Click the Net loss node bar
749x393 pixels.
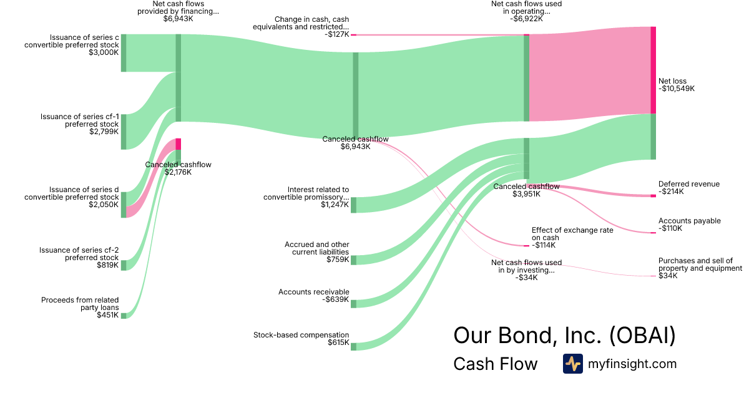click(654, 70)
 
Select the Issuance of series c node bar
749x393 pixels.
click(124, 53)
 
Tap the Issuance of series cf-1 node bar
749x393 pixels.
click(124, 132)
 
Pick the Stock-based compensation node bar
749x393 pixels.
click(353, 346)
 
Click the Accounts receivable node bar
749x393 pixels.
click(353, 304)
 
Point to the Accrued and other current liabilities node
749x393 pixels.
click(353, 260)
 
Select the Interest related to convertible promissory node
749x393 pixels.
click(353, 205)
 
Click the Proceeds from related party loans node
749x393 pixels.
click(124, 316)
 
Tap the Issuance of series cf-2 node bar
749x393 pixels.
click(124, 265)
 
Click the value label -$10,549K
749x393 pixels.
click(677, 89)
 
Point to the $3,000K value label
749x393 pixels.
click(104, 52)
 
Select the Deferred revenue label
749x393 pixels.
click(688, 184)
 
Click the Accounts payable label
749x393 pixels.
click(689, 221)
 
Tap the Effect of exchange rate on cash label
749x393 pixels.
click(572, 234)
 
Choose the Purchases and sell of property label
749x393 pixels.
click(700, 264)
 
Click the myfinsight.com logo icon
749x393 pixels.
click(572, 364)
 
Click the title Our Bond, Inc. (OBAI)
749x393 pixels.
click(564, 336)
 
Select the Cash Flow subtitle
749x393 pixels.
click(495, 364)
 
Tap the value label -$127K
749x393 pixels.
click(336, 35)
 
